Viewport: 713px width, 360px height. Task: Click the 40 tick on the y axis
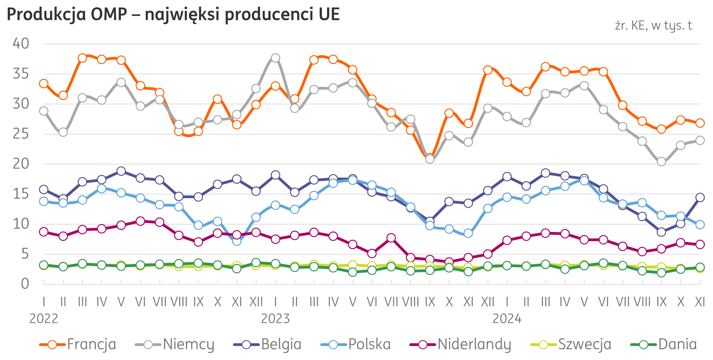click(21, 44)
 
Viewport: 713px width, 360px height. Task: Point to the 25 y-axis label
click(21, 134)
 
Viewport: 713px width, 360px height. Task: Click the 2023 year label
click(275, 319)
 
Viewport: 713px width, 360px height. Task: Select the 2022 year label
click(44, 319)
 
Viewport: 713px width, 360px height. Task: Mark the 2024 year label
click(507, 319)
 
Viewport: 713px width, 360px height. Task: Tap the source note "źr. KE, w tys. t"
click(653, 26)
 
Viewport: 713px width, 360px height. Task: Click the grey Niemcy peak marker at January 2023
click(275, 58)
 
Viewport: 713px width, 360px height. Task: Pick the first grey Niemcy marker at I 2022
click(44, 111)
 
